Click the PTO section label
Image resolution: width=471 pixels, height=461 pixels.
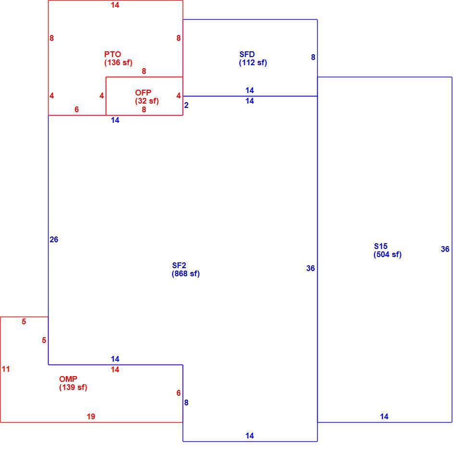point(112,54)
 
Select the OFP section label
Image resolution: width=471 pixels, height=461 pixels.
point(143,93)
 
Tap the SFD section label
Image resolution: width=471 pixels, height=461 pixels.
point(247,54)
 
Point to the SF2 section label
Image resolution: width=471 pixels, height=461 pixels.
point(179,265)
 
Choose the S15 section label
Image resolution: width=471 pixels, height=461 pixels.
point(381,246)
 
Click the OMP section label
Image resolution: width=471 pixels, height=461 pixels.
point(68,379)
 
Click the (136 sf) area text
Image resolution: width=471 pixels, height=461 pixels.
point(118,63)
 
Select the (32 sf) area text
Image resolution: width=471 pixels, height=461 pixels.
point(147,101)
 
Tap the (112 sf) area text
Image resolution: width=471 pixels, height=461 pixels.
point(253,63)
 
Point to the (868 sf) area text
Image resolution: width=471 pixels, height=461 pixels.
point(186,273)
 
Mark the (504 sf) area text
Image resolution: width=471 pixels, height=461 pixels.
point(387,254)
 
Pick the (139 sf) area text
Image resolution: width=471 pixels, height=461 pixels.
point(73,387)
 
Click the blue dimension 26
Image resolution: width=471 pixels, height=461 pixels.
point(54,239)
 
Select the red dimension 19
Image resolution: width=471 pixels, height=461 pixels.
point(91,416)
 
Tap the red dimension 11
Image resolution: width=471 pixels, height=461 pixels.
point(6,369)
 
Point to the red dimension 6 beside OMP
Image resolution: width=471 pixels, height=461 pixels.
point(178,393)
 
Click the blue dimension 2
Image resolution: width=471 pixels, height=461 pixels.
point(186,105)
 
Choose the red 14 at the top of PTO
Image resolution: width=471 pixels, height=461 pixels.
point(115,5)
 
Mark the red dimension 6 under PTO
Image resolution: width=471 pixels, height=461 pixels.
point(76,109)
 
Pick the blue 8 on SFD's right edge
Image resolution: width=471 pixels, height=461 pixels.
point(313,57)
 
